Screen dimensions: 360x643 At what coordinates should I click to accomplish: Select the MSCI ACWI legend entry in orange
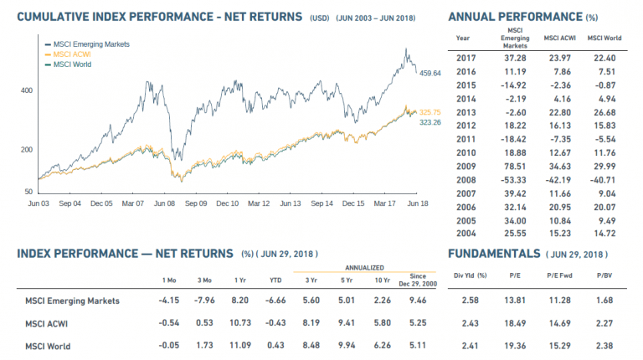point(72,54)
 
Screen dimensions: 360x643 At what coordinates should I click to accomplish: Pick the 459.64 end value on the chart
point(430,74)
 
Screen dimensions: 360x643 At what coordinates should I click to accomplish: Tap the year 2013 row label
point(466,111)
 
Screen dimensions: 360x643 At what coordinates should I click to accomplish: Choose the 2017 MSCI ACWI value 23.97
point(557,57)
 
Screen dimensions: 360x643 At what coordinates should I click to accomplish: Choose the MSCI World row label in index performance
point(48,346)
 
